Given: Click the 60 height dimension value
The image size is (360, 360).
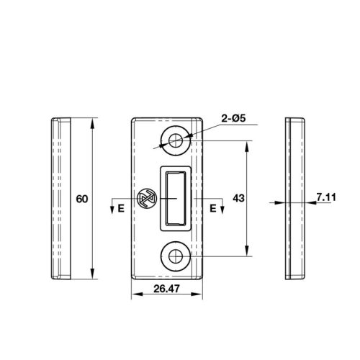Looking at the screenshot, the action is point(82,199).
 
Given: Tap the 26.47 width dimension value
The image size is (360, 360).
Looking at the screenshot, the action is point(166,289).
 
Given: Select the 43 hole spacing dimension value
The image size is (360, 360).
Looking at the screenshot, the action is point(238,198).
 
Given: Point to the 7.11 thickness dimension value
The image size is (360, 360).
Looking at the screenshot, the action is point(326,197).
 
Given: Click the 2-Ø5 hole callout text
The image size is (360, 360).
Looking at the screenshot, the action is point(233,118).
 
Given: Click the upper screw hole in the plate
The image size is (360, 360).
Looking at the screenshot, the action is point(176,141).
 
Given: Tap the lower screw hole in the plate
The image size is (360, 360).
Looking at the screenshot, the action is point(176,256).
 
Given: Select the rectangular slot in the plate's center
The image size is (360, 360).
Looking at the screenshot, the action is point(176,199).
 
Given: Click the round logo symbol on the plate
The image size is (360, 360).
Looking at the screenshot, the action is point(147,199).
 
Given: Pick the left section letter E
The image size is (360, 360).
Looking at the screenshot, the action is point(121,208).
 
